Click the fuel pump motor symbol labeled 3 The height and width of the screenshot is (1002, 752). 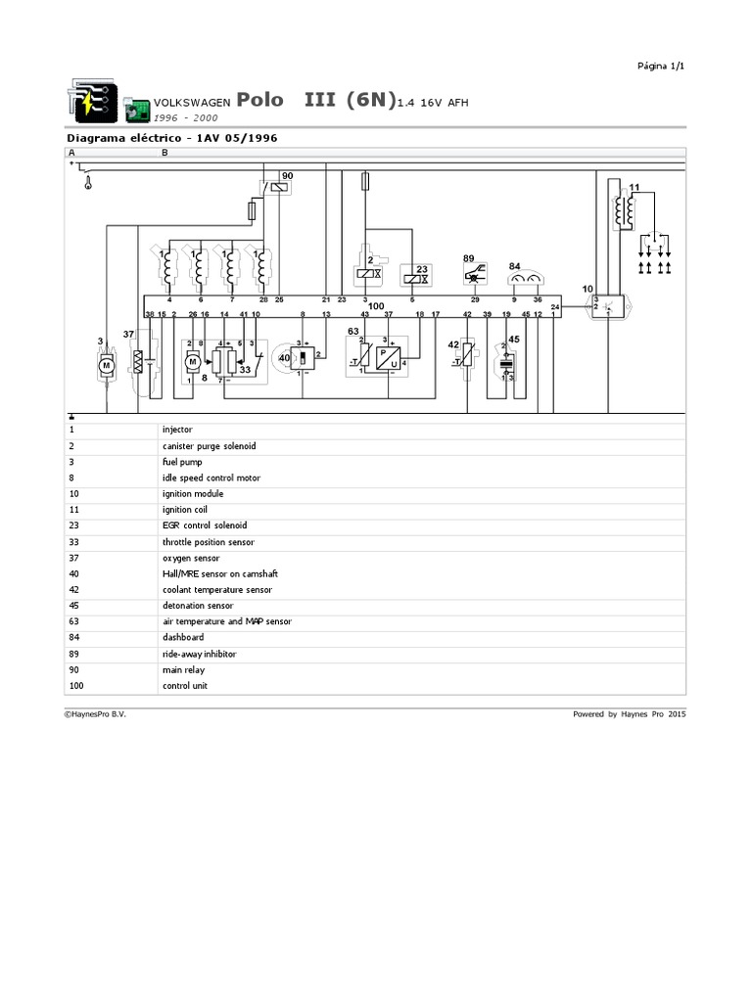(x=106, y=365)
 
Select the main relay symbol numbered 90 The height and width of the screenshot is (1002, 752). (x=279, y=188)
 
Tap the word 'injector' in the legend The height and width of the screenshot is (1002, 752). (x=177, y=429)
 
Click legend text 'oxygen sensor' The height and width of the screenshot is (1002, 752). (x=191, y=558)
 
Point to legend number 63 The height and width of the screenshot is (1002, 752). (x=72, y=621)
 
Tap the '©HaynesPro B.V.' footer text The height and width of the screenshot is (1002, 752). (x=95, y=714)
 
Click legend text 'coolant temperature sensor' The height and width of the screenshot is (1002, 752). (x=217, y=590)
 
